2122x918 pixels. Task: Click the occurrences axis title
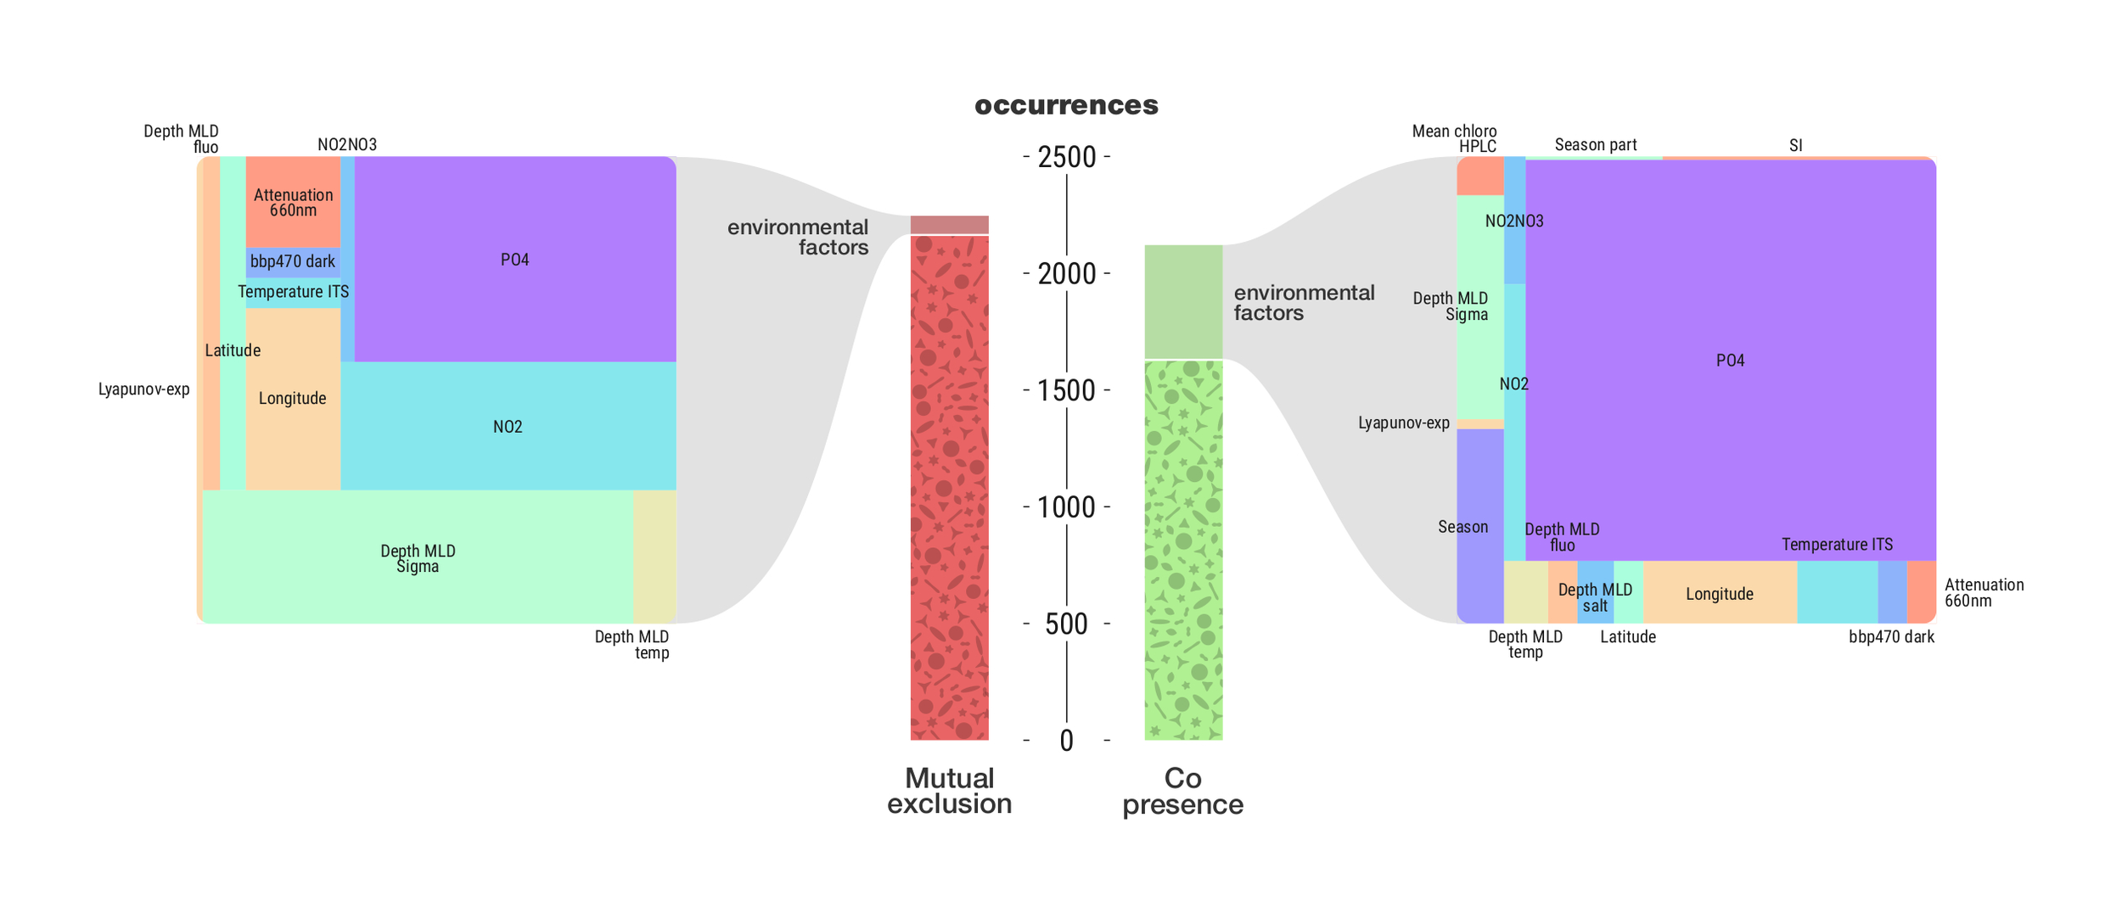[1066, 105]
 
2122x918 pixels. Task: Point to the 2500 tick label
[1067, 158]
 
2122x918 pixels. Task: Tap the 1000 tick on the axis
[1067, 507]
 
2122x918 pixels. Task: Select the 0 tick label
[1067, 741]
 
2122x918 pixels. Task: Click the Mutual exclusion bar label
[949, 791]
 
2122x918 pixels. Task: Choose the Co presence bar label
[1182, 791]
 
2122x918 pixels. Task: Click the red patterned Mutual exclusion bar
[949, 488]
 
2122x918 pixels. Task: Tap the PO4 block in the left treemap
[514, 260]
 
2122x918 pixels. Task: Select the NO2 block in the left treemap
[508, 426]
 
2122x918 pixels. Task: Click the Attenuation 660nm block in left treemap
[293, 202]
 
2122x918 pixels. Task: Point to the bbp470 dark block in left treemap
[293, 261]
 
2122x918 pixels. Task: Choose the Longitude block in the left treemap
[293, 398]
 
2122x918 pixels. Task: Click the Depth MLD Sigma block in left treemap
[417, 557]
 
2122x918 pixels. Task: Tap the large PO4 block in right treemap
[1730, 361]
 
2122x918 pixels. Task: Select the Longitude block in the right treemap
[1719, 593]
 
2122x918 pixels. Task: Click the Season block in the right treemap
[1479, 526]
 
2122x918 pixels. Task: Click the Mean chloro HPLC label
[1454, 138]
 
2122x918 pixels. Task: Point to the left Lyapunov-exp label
[143, 389]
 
